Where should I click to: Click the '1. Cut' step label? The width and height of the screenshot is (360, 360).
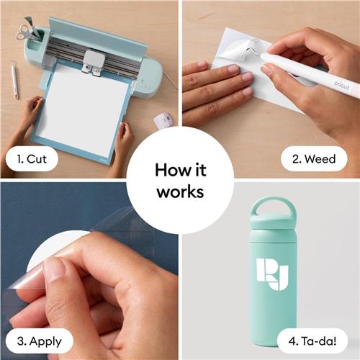click(x=32, y=159)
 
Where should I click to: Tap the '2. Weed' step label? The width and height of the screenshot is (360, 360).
click(x=314, y=159)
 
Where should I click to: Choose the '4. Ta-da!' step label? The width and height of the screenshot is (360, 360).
click(x=312, y=341)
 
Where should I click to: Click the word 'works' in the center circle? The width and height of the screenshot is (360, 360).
click(x=180, y=192)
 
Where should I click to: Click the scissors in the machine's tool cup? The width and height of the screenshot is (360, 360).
click(x=23, y=32)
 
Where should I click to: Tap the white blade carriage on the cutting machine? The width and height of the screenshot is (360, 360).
click(x=93, y=62)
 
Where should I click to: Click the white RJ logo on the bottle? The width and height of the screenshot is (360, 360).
click(x=271, y=274)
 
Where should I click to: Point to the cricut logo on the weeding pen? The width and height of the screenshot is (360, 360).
click(x=342, y=85)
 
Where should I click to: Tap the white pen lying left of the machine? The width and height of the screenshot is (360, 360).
click(x=14, y=79)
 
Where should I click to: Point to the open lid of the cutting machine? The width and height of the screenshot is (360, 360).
click(x=98, y=35)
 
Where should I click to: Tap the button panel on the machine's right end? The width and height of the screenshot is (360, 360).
click(x=145, y=84)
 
